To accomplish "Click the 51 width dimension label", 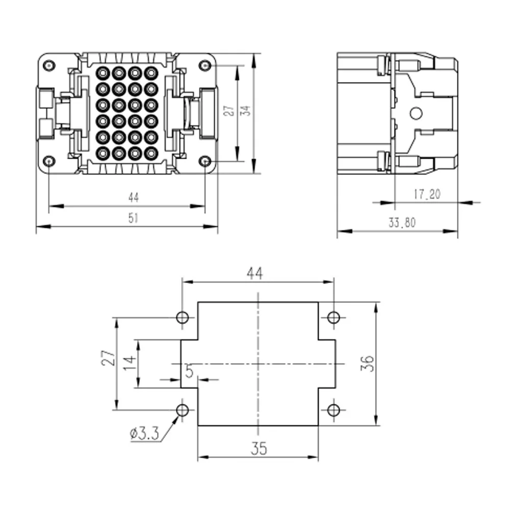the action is point(133,218).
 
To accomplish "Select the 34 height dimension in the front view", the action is point(247,111).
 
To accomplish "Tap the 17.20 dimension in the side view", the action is point(427,194).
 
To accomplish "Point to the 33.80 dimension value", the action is point(402,223).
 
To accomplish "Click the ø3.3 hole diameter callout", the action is point(145,433).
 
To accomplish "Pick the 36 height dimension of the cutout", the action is point(367,363).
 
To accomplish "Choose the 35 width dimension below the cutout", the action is point(259,448).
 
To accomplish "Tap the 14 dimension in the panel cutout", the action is point(130,363).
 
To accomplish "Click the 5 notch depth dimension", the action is point(189,371).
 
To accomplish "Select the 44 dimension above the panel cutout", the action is point(254,273).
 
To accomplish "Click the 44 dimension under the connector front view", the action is point(133,197).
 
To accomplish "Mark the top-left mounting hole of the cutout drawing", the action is point(182,317).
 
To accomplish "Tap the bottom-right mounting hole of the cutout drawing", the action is point(334,410).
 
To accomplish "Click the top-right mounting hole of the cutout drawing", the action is point(334,317).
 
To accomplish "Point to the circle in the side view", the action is point(416,114).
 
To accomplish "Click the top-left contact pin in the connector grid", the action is point(103,73).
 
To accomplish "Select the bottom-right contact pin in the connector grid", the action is point(151,153).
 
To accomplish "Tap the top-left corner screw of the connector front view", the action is point(49,66).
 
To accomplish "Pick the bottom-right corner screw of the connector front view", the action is point(205,161).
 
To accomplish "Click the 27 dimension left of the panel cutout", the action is point(109,358).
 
